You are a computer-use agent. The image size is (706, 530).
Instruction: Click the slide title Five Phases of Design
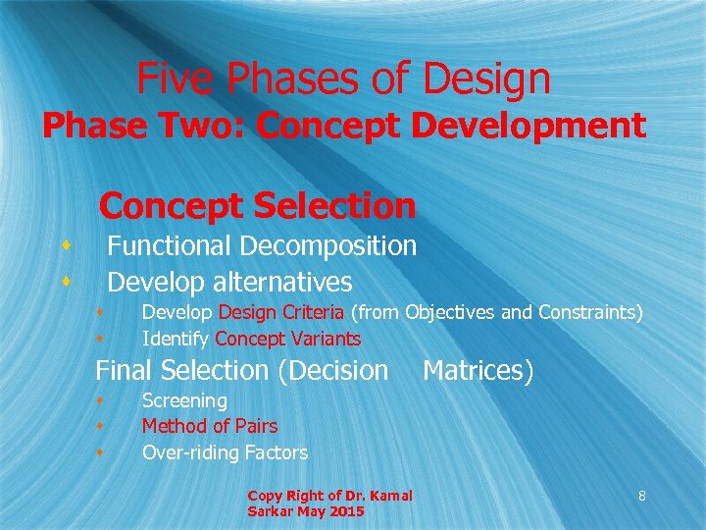tap(343, 79)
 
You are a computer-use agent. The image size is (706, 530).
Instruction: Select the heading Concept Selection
tap(258, 206)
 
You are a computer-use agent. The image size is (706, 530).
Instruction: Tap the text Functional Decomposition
tap(262, 245)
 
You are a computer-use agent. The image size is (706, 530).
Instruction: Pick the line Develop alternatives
tap(229, 283)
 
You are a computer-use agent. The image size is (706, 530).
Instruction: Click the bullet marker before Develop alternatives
tap(65, 282)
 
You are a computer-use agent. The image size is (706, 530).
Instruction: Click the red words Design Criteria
tap(281, 313)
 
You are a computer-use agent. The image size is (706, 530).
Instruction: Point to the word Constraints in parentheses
tap(590, 313)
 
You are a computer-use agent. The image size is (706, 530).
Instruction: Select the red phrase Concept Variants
tap(287, 340)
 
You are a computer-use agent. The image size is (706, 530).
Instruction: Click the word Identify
tap(176, 340)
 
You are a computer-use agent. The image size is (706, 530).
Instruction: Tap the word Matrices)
tap(478, 371)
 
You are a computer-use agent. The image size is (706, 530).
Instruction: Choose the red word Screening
tap(184, 400)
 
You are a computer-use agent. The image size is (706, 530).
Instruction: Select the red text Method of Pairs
tap(209, 426)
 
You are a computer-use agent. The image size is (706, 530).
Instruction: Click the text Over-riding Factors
tap(225, 452)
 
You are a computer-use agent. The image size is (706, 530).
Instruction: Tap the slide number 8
tap(641, 497)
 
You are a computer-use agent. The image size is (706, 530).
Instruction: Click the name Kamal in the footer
tap(390, 495)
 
